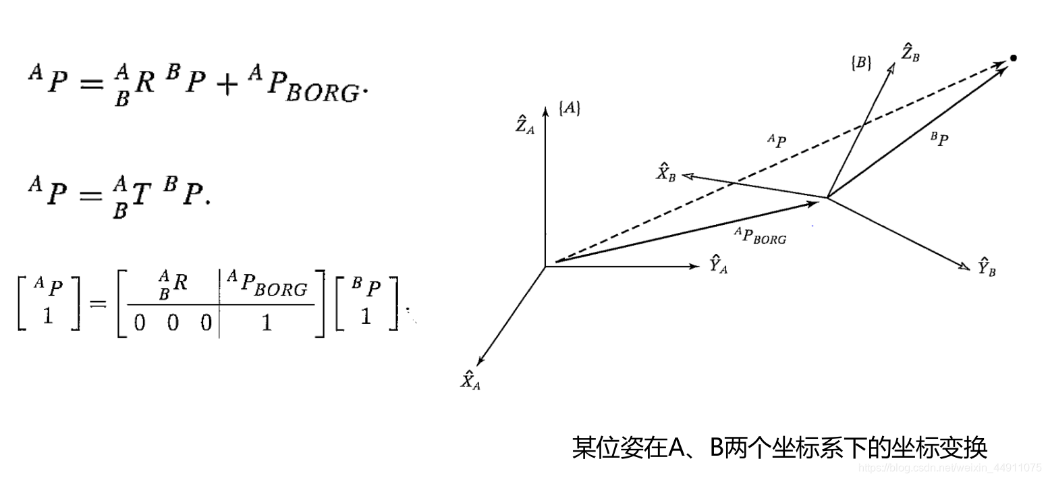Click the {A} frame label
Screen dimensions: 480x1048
[x=569, y=108]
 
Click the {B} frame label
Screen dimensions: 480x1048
[x=860, y=63]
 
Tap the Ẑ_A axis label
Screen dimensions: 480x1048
[x=524, y=124]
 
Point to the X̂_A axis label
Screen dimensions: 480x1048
[x=470, y=380]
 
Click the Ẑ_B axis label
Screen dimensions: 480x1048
[x=910, y=53]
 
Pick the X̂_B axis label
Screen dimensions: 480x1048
[x=666, y=173]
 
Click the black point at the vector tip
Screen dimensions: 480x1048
[x=1012, y=58]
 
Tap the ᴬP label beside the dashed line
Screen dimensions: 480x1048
[x=777, y=142]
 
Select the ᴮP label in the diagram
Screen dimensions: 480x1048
[x=939, y=140]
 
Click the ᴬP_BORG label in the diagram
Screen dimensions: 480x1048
[x=761, y=235]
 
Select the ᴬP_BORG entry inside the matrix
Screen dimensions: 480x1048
[x=267, y=287]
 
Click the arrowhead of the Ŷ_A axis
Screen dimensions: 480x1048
[x=696, y=267]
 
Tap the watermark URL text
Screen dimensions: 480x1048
[x=949, y=467]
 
